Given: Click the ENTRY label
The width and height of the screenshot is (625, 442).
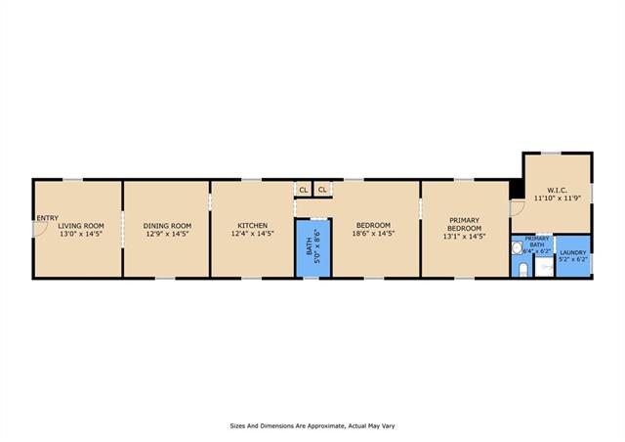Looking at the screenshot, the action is point(48,218).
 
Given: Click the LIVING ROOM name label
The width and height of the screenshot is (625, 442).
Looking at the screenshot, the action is point(81,226).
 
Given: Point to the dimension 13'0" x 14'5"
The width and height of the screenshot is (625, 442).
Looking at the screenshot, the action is point(81,234).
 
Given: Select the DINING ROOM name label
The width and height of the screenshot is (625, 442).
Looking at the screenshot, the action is point(167,226).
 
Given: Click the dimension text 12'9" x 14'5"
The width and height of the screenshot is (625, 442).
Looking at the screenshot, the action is point(167,234).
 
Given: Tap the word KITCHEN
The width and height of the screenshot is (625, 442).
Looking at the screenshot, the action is point(253,226).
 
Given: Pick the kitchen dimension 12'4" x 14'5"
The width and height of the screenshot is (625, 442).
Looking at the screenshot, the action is point(253,234).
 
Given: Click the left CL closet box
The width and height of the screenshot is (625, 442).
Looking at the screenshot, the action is point(304,190).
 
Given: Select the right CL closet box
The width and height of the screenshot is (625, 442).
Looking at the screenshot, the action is point(322,190).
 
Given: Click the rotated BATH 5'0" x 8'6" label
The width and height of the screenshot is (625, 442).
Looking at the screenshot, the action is point(313,246).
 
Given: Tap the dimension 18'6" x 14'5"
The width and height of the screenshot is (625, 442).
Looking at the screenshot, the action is point(373,234).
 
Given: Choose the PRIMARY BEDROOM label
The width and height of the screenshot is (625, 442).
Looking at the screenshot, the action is point(465,224).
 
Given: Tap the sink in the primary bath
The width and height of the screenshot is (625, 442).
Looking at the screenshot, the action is point(517,248).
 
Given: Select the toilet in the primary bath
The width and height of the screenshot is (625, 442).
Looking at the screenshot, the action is point(523,270).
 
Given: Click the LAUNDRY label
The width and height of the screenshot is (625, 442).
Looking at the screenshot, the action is point(573,252).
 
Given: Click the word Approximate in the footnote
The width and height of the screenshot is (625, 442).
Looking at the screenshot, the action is point(321,426).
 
